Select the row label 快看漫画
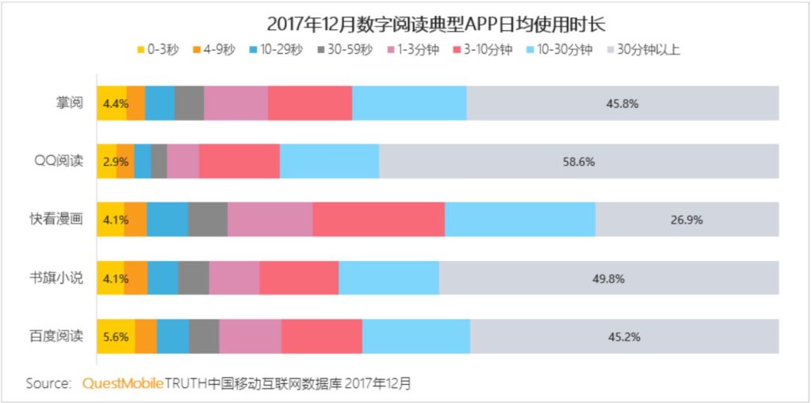tap(58, 220)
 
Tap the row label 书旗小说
tap(58, 278)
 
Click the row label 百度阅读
tap(58, 336)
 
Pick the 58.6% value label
tap(578, 162)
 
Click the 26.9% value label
tap(687, 220)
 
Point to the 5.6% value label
tap(116, 336)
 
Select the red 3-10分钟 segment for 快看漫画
tap(378, 220)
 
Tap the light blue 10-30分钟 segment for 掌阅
tap(409, 103)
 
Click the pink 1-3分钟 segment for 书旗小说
tap(234, 278)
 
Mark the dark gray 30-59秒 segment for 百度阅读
tap(204, 336)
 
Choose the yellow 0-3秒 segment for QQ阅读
tap(106, 162)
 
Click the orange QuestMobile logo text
tap(122, 384)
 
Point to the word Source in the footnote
tap(48, 384)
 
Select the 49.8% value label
tap(608, 278)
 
